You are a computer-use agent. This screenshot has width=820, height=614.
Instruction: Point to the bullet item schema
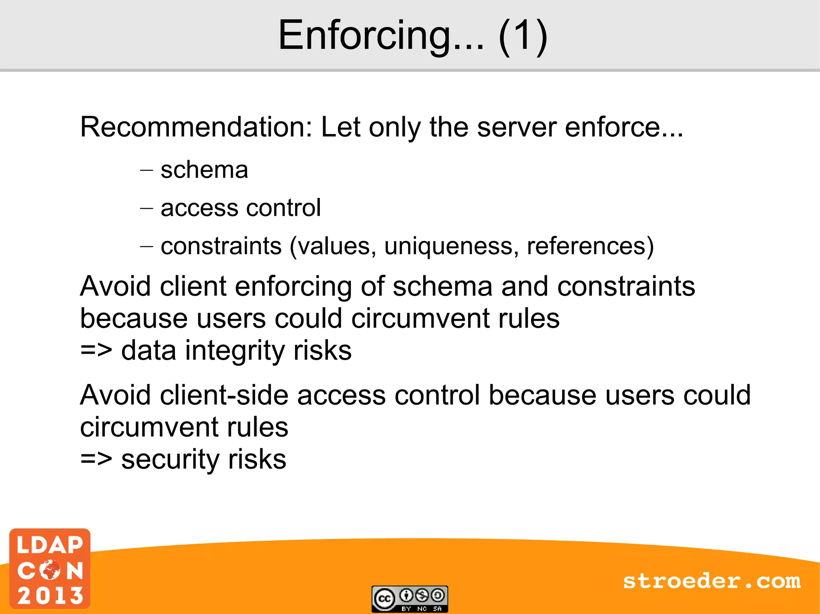coord(204,170)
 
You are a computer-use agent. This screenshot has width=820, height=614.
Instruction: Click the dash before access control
coord(147,208)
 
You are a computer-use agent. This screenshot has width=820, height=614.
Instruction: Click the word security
coord(170,459)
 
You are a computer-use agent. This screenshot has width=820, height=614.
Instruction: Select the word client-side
coord(224,395)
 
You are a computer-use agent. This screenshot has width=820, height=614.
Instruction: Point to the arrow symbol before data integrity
coord(96,350)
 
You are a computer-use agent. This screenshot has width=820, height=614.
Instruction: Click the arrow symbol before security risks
coord(96,459)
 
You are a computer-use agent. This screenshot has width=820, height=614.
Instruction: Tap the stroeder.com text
coord(712,581)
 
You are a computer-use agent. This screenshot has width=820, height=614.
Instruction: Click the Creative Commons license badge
coord(410,599)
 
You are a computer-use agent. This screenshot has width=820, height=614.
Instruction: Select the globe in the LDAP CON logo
coord(50,570)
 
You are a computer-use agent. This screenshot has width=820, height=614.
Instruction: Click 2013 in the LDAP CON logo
coord(50,596)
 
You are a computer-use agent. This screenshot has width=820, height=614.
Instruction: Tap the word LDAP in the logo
coord(50,545)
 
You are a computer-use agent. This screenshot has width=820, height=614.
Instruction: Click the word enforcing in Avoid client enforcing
coord(293,286)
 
